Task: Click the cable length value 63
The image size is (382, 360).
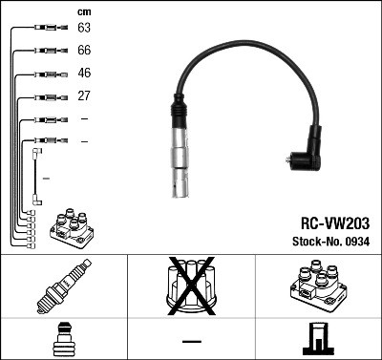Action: coord(84,29)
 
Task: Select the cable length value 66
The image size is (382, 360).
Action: coord(84,51)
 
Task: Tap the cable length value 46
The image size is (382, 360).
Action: coord(84,73)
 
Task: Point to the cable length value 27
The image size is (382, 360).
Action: coord(84,95)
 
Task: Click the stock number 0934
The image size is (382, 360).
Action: coord(356,242)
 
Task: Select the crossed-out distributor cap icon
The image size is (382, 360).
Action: coord(190,286)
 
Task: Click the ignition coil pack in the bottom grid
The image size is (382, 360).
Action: coord(317,286)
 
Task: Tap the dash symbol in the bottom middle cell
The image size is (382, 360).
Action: coord(191,340)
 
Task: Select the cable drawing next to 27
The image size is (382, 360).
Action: coord(42,95)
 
